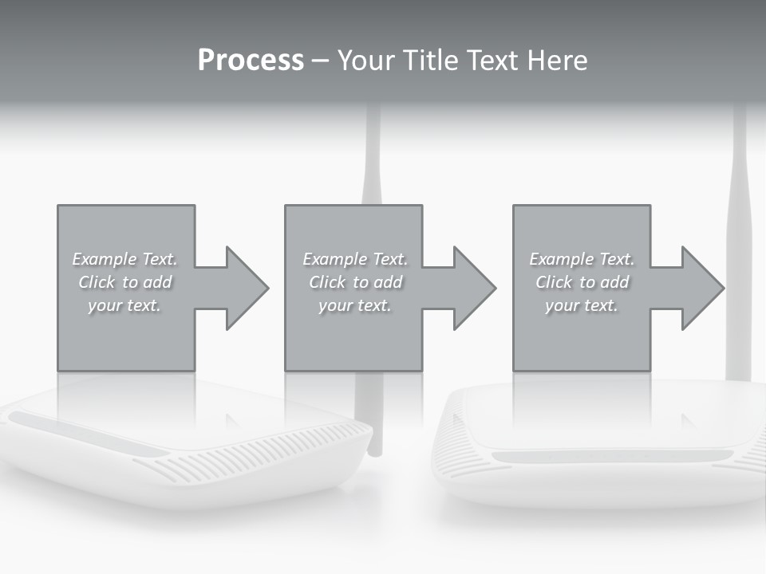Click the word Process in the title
(x=251, y=61)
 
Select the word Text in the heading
(x=492, y=61)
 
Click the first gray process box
(x=125, y=335)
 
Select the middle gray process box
(x=353, y=335)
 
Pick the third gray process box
(x=581, y=335)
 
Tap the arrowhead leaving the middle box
(x=474, y=288)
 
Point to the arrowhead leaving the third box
(x=702, y=288)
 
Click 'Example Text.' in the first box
(x=124, y=259)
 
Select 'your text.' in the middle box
(x=354, y=305)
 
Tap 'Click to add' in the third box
(x=582, y=282)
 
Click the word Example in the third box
(x=561, y=259)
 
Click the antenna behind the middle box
(x=372, y=159)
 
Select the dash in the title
(x=320, y=61)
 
